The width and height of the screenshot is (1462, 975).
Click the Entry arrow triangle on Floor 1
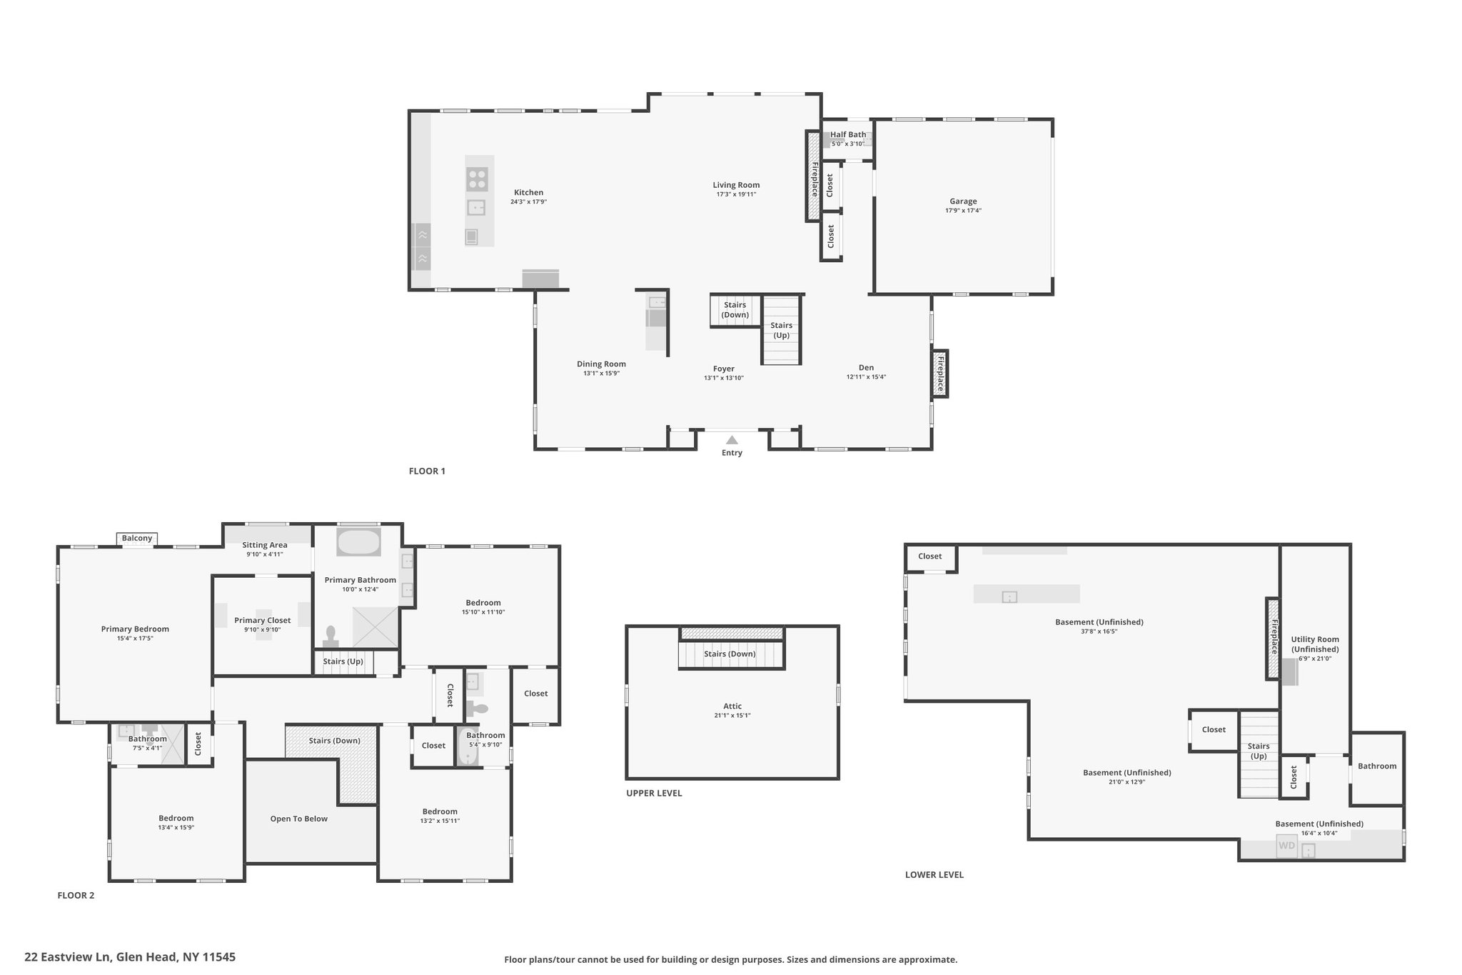point(732,440)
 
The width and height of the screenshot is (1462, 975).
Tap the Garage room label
point(963,201)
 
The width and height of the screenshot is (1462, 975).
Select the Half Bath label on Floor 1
point(848,134)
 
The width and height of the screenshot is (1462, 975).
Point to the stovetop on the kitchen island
point(477,179)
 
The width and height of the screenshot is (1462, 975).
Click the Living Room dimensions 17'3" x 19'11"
point(736,194)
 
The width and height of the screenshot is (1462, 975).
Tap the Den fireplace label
point(940,374)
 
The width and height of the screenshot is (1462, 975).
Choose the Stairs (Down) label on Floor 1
point(735,310)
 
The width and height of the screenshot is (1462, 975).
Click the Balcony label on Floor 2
point(137,538)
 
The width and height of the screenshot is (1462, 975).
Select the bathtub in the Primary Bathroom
point(358,543)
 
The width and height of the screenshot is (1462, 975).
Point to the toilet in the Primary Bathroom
point(331,634)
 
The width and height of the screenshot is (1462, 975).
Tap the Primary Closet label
point(263,620)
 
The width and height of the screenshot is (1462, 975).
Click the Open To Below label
point(299,819)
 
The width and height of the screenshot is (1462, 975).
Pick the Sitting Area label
point(265,545)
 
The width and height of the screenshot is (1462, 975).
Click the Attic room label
point(732,706)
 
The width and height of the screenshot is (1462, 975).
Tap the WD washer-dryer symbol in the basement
point(1286,846)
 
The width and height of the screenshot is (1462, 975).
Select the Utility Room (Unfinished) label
point(1315,644)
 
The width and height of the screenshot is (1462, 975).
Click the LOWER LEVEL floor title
point(934,874)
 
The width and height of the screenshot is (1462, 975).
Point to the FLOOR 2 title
point(76,895)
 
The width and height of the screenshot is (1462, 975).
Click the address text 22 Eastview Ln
point(67,956)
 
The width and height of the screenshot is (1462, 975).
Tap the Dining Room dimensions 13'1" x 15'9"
point(601,373)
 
